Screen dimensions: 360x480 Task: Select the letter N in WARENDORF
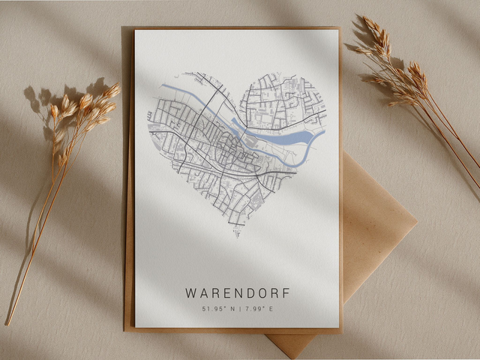coord(238,292)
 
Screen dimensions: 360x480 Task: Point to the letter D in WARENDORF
coord(250,292)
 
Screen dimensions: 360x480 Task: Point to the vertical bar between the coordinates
coord(238,308)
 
